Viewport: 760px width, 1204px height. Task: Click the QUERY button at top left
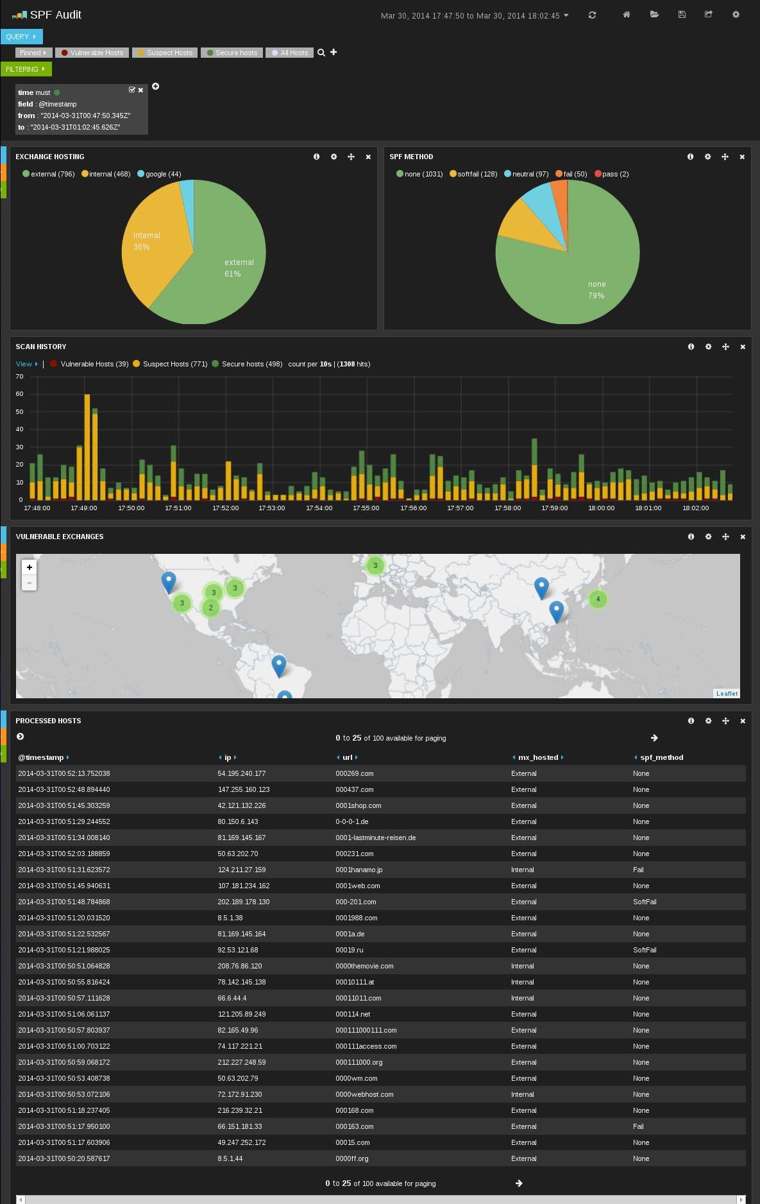[21, 37]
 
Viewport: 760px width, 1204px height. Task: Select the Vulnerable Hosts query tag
[92, 53]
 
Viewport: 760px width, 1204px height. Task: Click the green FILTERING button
[26, 69]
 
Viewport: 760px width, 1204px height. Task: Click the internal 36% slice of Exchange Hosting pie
[151, 244]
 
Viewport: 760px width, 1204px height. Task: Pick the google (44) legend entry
[159, 174]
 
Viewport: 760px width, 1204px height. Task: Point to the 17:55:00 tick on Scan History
[366, 508]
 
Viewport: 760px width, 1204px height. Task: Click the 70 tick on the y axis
[19, 377]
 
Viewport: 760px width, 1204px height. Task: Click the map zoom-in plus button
[29, 567]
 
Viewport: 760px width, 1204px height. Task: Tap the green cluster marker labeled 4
[598, 599]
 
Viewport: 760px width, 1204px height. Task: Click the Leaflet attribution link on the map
[727, 693]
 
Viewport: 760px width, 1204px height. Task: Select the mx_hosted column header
[537, 757]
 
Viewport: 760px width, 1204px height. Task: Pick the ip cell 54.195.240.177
[241, 773]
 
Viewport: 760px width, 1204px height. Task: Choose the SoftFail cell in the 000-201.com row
[644, 902]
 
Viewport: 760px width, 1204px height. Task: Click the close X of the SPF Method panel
[742, 157]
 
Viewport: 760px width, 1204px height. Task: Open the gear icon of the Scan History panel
[708, 347]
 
